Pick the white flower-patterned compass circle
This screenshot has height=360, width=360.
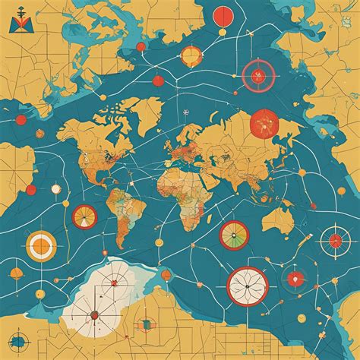coord(248,285)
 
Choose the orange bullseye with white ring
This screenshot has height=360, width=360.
coord(41,245)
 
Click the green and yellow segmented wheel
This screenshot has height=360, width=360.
coord(234,235)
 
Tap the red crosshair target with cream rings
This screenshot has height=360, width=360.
coord(334,242)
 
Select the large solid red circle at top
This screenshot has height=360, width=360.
coord(223,15)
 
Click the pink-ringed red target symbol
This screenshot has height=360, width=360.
coord(258,74)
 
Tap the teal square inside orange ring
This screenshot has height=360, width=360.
coord(143,326)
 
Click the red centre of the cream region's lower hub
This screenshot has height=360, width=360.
coord(94,314)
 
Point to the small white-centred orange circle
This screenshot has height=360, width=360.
coord(55,188)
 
